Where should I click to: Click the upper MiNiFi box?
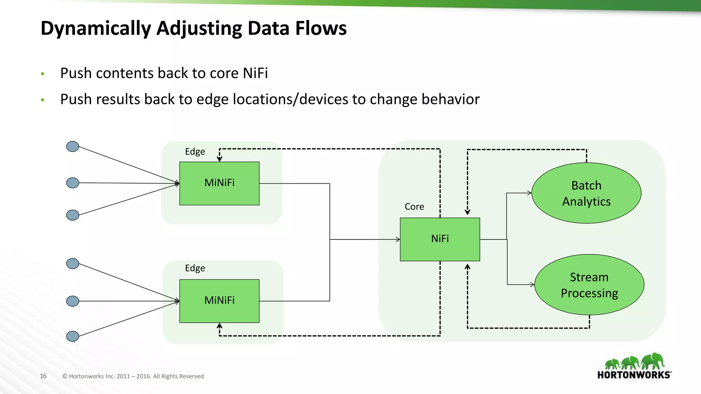[x=219, y=183]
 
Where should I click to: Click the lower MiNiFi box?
[x=219, y=301]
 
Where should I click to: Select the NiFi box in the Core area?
[x=440, y=239]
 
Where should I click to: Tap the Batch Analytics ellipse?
[x=586, y=193]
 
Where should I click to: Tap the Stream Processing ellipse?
[x=589, y=285]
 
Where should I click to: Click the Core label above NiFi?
[x=414, y=207]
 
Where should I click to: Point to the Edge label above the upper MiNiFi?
[x=195, y=152]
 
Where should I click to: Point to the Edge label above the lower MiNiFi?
[x=195, y=268]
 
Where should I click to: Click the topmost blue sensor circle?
[x=73, y=146]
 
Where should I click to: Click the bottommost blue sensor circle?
[x=73, y=336]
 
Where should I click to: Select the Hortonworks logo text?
[x=634, y=375]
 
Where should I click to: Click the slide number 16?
[x=43, y=376]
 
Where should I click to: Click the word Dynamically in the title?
[x=96, y=28]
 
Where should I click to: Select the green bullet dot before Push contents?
[x=42, y=74]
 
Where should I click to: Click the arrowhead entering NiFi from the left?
[x=398, y=239]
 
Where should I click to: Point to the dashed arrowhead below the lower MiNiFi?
[x=219, y=326]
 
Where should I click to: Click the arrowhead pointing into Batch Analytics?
[x=529, y=193]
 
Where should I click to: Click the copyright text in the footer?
[x=133, y=376]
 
